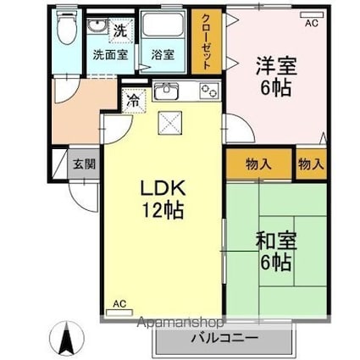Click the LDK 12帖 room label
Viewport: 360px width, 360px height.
click(158, 196)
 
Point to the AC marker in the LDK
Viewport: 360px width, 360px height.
click(119, 302)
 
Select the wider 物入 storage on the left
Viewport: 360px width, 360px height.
click(259, 163)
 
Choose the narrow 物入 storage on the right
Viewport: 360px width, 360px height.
click(311, 163)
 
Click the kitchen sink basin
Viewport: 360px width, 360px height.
click(167, 91)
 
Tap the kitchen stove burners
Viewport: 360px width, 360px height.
click(208, 91)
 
